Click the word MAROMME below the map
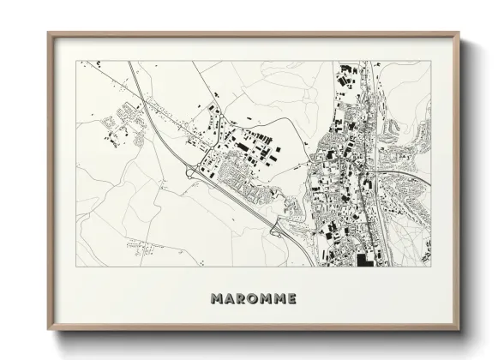[x=253, y=298]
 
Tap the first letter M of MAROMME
[x=216, y=298]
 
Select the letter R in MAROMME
[x=241, y=298]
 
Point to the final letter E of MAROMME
[x=291, y=298]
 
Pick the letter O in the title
[x=253, y=298]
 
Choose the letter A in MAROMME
[x=229, y=298]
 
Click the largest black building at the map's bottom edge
[x=365, y=260]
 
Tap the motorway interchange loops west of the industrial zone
[x=191, y=171]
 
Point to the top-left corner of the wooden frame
[x=48, y=33]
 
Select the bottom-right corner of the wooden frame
[x=459, y=329]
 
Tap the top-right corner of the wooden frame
[x=459, y=33]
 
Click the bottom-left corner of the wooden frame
[x=48, y=329]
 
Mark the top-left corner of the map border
[x=75, y=61]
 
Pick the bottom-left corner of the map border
[x=75, y=267]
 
